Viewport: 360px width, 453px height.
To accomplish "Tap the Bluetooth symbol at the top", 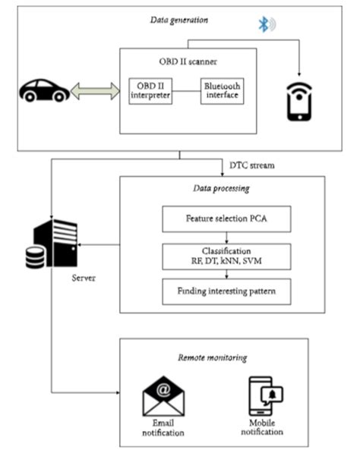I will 264,24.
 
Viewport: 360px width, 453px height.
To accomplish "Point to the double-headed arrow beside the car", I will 94,92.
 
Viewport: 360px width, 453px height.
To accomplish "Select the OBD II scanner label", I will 188,60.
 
